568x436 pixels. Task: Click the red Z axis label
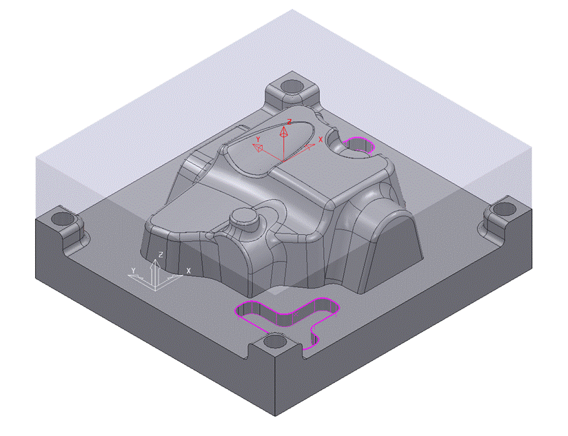click(289, 122)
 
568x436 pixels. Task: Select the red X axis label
click(321, 139)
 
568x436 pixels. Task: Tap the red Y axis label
click(258, 139)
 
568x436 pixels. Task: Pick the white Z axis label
click(161, 255)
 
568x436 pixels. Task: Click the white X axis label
click(188, 271)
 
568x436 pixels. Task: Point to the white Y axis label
click(133, 271)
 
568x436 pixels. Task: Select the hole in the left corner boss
click(63, 218)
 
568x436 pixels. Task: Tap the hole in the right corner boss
click(505, 209)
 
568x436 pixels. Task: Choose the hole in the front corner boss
click(274, 341)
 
